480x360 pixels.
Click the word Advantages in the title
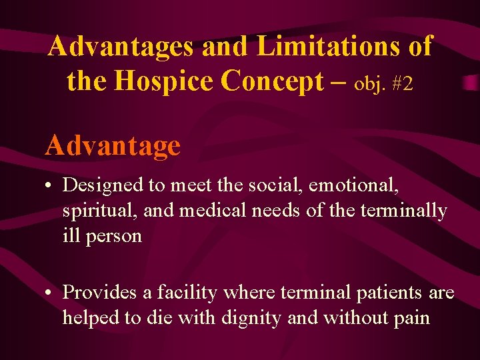point(121,47)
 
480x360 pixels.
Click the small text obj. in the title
point(369,84)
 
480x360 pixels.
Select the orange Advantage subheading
point(113,145)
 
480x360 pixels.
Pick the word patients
point(387,293)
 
